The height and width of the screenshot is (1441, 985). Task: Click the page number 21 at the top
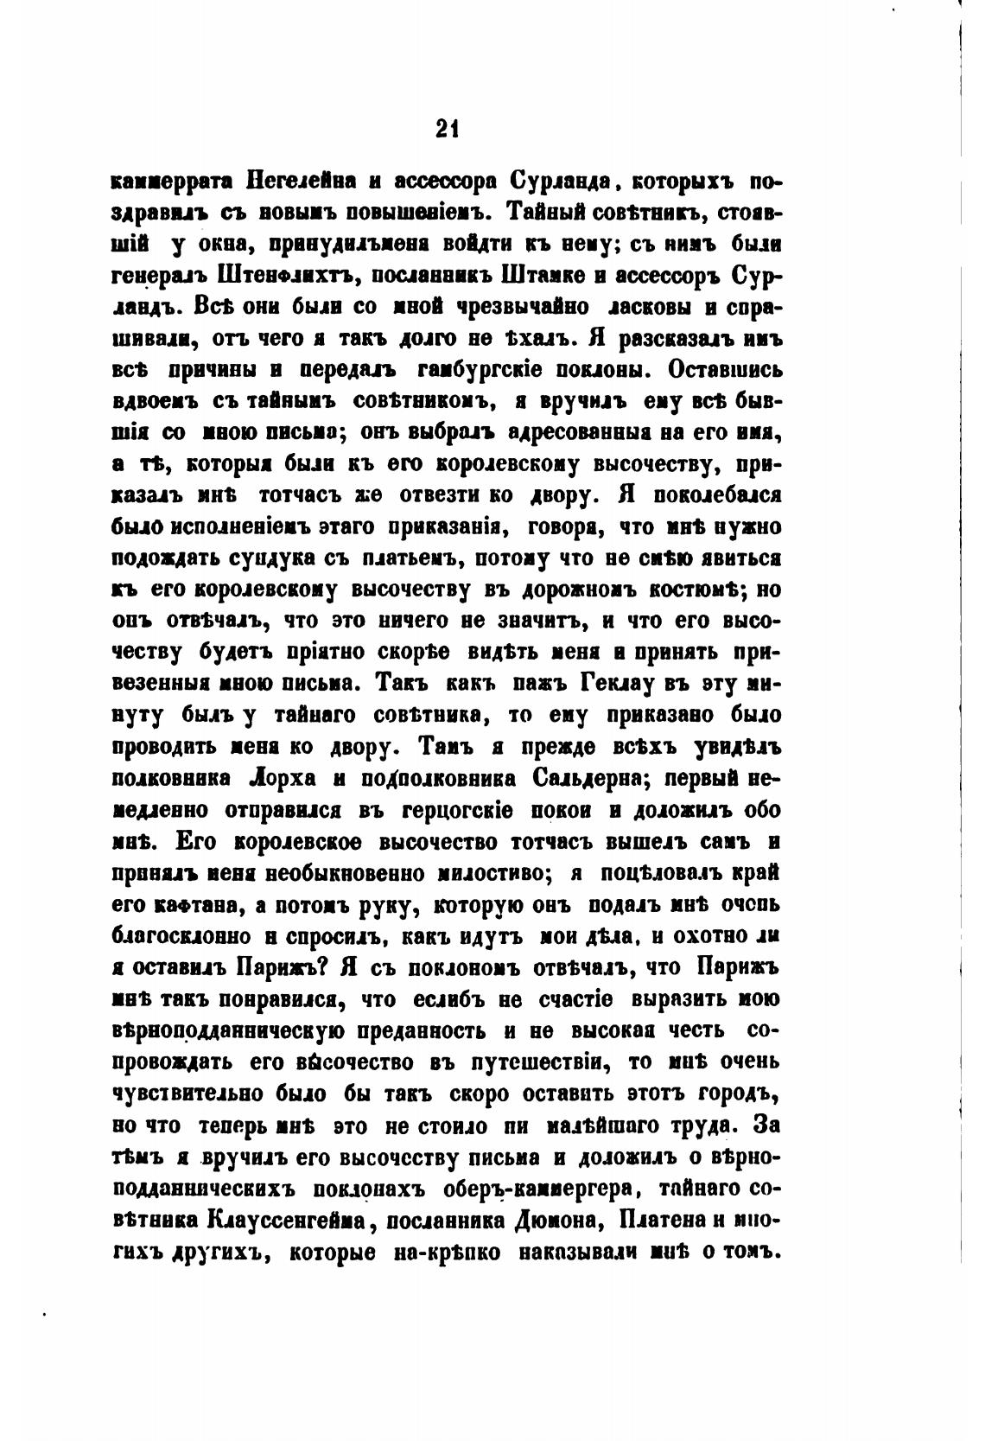(446, 129)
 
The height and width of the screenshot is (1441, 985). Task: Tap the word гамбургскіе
(480, 371)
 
